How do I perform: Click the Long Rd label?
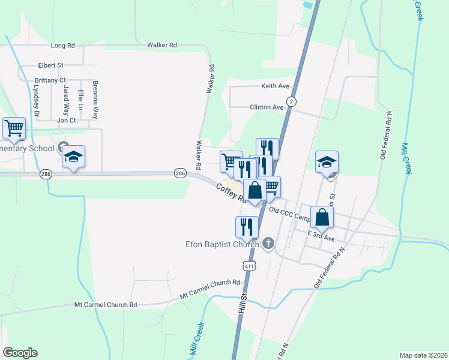tap(63, 45)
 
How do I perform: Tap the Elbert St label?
tap(50, 65)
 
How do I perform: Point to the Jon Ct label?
tap(66, 120)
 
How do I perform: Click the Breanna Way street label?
tap(95, 100)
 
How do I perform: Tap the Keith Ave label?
tap(275, 86)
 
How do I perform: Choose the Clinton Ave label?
tap(267, 107)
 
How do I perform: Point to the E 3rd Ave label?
tap(321, 235)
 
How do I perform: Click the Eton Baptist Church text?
tap(221, 244)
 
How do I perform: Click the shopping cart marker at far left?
tap(14, 128)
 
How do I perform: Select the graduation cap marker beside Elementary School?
tap(73, 157)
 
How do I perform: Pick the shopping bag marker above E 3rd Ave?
tap(322, 218)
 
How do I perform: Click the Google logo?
tap(20, 353)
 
